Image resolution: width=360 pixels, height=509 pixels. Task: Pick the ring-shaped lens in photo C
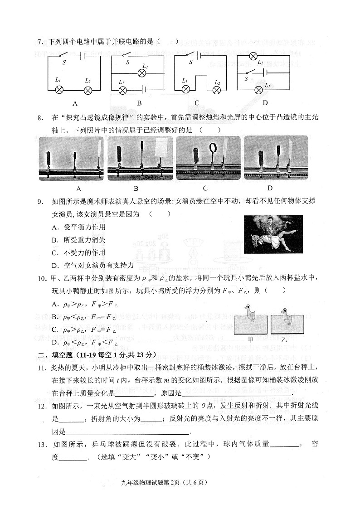point(213,148)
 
